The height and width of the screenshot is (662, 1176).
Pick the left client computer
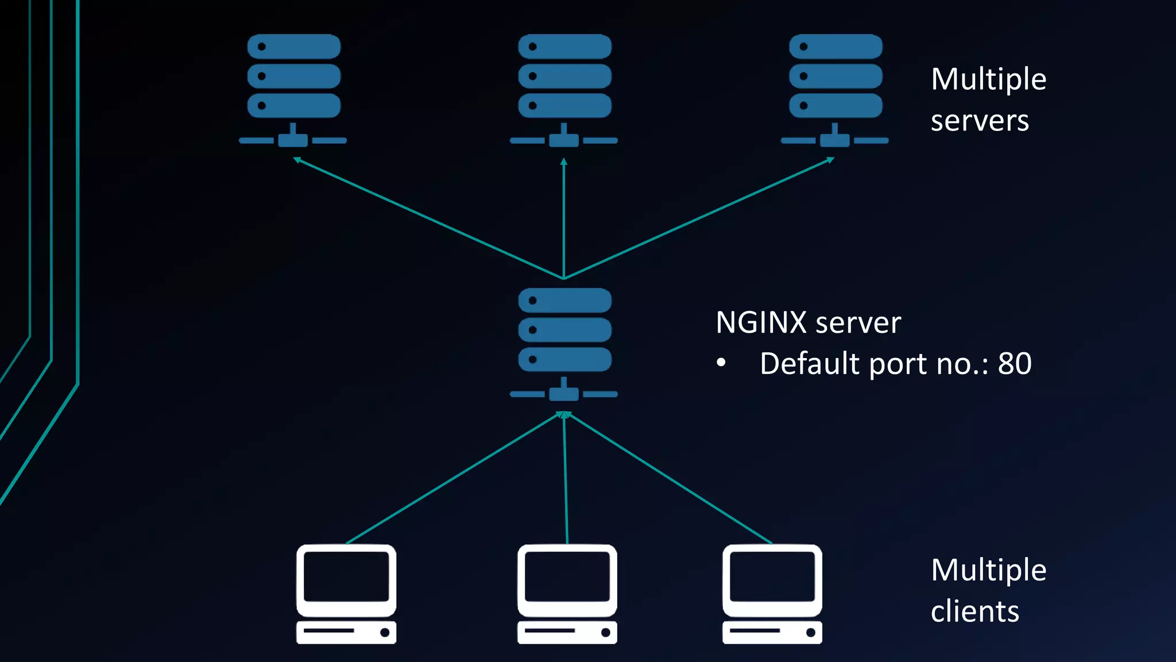point(346,594)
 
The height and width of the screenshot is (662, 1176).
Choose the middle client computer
point(567,594)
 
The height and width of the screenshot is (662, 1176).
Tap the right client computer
point(772,594)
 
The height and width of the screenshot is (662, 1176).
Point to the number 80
point(1015,364)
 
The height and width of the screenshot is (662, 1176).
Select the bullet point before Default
point(721,363)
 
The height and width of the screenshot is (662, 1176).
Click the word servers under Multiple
point(980,121)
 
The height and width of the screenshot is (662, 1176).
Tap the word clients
point(974,611)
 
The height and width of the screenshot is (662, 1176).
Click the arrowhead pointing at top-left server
point(297,160)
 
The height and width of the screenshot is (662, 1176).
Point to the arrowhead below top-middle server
point(564,161)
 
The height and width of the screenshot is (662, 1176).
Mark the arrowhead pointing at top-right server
point(830,160)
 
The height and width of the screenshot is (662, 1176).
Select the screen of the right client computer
point(772,576)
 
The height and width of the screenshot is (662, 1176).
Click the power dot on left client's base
point(385,633)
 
